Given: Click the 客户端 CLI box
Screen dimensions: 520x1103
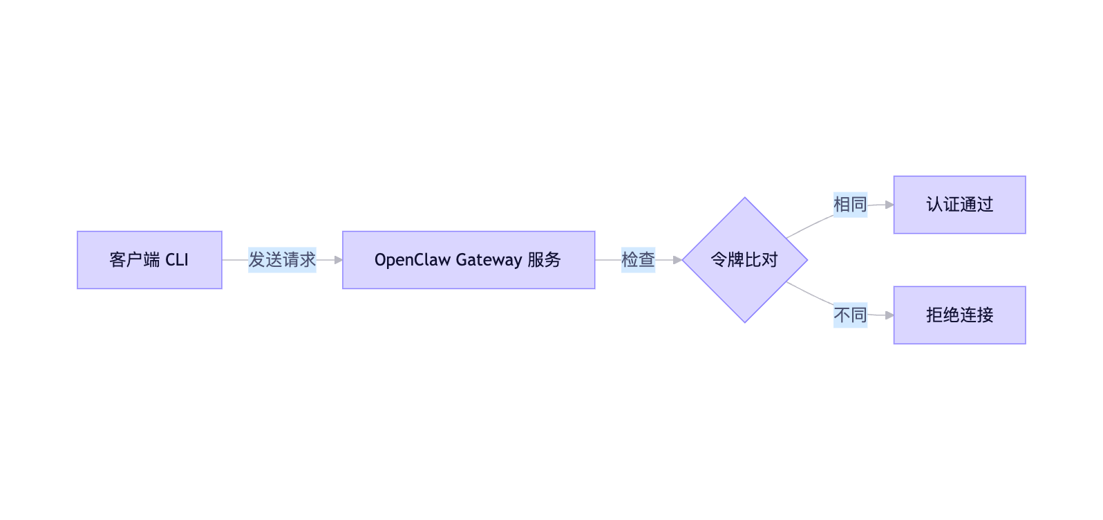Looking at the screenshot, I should (149, 260).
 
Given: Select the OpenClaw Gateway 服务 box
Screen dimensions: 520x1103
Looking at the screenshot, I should (469, 260).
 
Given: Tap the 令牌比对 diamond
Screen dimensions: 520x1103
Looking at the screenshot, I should (744, 260).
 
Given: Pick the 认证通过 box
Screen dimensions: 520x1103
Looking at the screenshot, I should (959, 205).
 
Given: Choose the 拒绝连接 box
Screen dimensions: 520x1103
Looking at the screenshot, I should (959, 315).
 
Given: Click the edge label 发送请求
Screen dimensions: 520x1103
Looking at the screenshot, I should (282, 260).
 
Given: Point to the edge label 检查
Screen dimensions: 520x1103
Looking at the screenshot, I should (638, 260).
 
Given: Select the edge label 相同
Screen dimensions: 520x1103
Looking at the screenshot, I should (850, 205).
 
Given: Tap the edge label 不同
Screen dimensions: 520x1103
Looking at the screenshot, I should (850, 315).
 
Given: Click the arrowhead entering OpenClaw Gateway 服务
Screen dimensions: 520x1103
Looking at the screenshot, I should (338, 260).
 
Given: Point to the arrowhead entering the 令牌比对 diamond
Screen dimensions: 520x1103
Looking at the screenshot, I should (677, 260).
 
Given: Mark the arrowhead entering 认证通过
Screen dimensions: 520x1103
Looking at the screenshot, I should (889, 205).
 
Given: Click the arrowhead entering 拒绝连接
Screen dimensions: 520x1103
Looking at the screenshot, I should (889, 315).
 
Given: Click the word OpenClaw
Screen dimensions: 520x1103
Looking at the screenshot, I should (413, 260).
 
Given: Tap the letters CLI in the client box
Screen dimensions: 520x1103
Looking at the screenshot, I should (177, 260).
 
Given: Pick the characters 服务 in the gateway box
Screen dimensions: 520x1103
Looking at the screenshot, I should (544, 260).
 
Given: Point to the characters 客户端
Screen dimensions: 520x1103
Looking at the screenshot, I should (134, 260).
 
